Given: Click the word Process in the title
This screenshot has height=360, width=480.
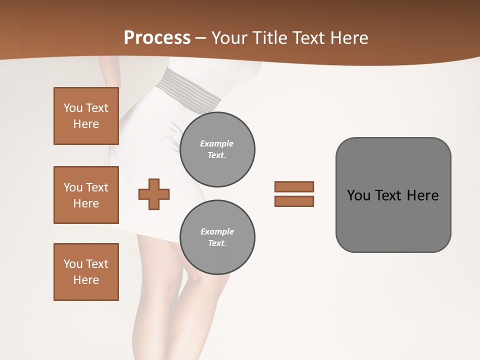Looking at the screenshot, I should [157, 38].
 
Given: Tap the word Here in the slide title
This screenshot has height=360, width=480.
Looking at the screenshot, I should [348, 38].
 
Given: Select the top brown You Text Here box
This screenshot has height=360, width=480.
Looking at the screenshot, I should [86, 116].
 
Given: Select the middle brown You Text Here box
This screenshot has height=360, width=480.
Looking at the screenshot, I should [86, 195].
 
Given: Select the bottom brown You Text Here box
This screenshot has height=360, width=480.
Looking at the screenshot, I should [86, 272].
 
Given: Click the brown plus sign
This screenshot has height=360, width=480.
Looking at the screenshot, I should [154, 194].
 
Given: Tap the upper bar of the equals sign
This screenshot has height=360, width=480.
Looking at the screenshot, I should [294, 186].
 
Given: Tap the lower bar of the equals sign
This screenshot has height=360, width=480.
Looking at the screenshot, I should [294, 201].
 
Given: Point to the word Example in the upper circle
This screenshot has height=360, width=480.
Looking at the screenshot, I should [217, 143].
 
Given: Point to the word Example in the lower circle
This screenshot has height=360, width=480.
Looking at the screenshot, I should [217, 231].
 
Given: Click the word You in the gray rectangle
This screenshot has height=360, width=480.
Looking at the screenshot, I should [358, 195].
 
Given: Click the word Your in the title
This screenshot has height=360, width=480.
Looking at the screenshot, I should [228, 38].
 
